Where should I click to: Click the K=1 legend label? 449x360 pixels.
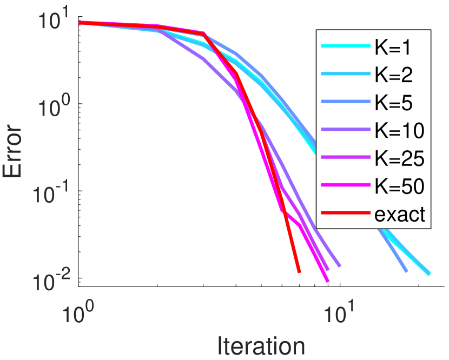pyautogui.click(x=392, y=48)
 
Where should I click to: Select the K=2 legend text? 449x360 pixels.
pyautogui.click(x=392, y=75)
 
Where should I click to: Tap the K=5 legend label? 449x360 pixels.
pyautogui.click(x=392, y=103)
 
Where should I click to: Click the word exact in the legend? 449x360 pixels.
pyautogui.click(x=400, y=215)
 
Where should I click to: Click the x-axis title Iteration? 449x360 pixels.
pyautogui.click(x=261, y=345)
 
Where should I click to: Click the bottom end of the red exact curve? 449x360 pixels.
pyautogui.click(x=299, y=272)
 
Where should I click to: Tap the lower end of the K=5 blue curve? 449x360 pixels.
pyautogui.click(x=406, y=271)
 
